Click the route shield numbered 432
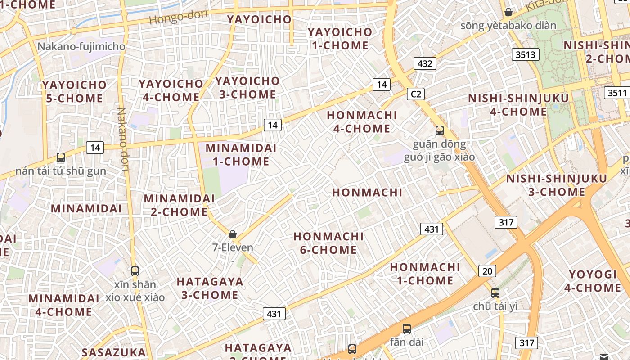(x=425, y=63)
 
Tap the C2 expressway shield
(x=415, y=94)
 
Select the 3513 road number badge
(x=526, y=55)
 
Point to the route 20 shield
(x=487, y=271)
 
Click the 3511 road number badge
(x=616, y=93)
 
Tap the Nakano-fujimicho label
(x=81, y=46)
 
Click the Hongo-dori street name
(x=178, y=18)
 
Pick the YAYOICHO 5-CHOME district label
(x=74, y=91)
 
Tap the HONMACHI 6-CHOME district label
(x=328, y=243)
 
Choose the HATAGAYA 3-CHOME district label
(x=210, y=288)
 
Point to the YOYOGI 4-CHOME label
(x=592, y=281)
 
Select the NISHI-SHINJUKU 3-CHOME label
(x=557, y=185)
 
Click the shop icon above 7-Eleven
(x=233, y=234)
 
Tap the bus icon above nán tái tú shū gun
(x=61, y=157)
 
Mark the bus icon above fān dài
(x=407, y=329)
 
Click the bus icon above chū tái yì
(x=495, y=293)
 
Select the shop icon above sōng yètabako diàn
(x=508, y=12)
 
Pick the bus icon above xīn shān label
(x=135, y=271)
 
